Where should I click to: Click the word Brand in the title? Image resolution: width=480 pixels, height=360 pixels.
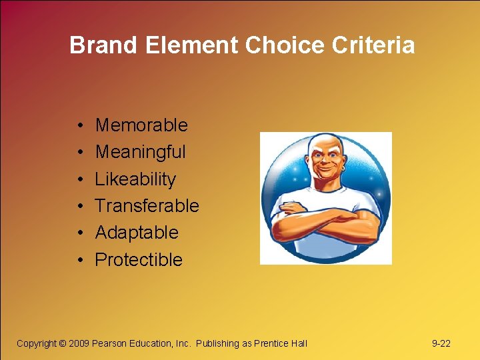[x=98, y=45]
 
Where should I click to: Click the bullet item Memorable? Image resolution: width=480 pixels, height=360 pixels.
[x=141, y=125]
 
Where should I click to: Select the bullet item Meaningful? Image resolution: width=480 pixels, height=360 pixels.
[x=141, y=152]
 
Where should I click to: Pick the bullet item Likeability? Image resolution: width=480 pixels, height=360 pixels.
[x=135, y=179]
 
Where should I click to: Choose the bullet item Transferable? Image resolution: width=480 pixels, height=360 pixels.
[x=147, y=206]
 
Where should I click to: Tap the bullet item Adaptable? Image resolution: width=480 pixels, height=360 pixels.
[x=137, y=233]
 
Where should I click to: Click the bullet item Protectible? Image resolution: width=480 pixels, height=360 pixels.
[x=139, y=259]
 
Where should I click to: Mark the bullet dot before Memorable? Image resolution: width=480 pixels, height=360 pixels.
[x=79, y=126]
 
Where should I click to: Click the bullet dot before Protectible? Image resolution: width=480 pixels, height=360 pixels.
[x=79, y=260]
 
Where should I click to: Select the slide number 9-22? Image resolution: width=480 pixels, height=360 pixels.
[x=441, y=343]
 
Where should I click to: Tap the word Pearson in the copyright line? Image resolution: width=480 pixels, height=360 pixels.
[x=111, y=343]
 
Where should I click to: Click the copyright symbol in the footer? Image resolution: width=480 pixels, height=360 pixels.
[x=63, y=343]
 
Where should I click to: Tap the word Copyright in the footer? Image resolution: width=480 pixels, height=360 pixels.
[x=37, y=343]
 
